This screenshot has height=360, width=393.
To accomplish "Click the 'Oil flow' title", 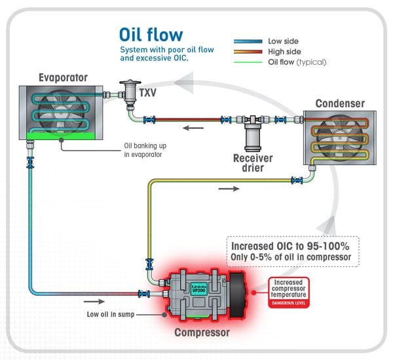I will pyautogui.click(x=151, y=34).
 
